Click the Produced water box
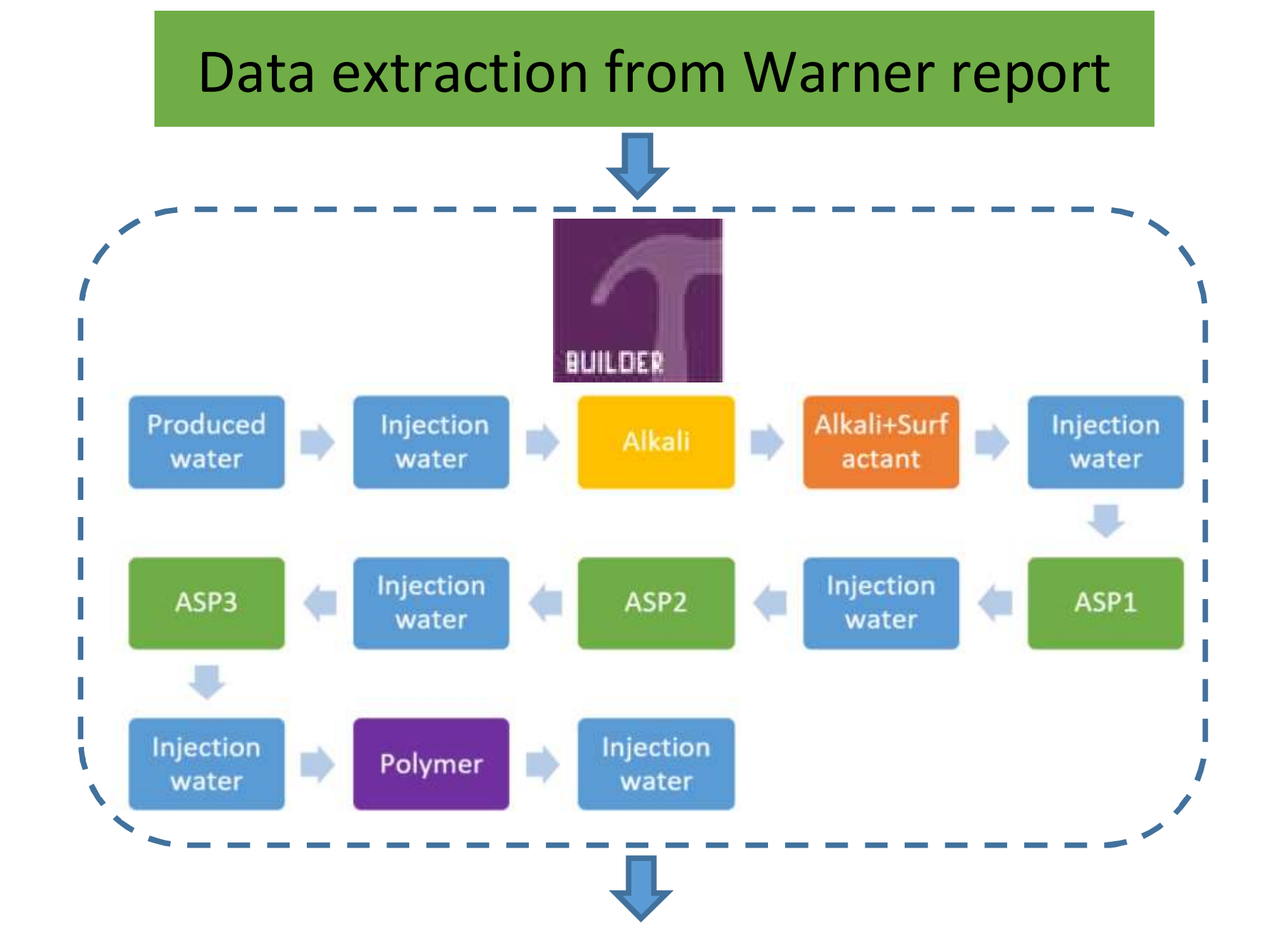206,442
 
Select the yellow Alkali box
656,442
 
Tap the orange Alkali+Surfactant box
880,442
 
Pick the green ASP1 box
1105,603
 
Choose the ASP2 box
656,603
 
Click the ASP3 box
206,603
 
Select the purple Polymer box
431,764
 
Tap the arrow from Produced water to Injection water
317,442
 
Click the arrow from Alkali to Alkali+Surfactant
767,442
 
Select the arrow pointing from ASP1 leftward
995,603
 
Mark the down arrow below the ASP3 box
207,682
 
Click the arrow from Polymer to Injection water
542,764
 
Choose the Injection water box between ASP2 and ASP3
431,603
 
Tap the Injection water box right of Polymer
656,764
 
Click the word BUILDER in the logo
614,363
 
